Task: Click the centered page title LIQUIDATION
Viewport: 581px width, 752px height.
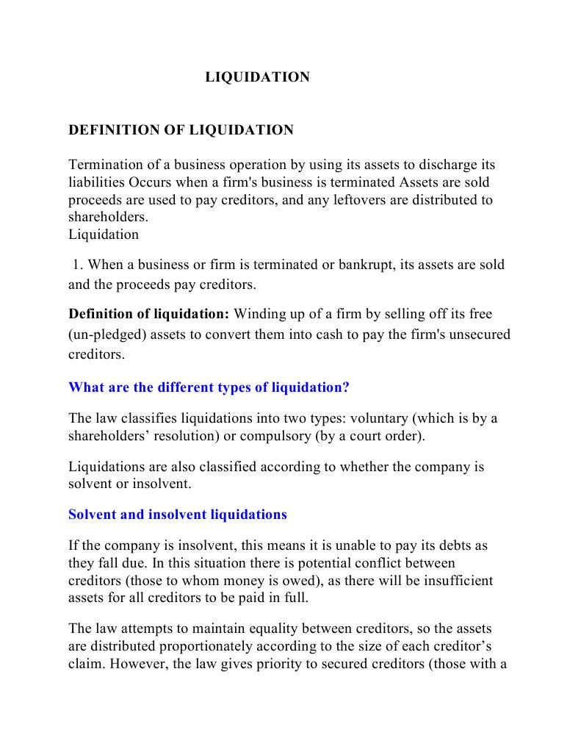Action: click(x=257, y=77)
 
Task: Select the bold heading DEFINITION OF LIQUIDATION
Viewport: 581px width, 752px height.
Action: click(x=181, y=130)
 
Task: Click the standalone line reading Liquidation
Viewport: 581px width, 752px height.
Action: click(x=104, y=234)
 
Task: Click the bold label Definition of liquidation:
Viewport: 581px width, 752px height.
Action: click(x=149, y=314)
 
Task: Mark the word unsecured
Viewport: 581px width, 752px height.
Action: click(x=475, y=335)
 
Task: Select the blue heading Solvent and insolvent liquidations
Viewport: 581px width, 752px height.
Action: click(x=178, y=515)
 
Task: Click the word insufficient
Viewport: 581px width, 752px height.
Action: click(x=456, y=581)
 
